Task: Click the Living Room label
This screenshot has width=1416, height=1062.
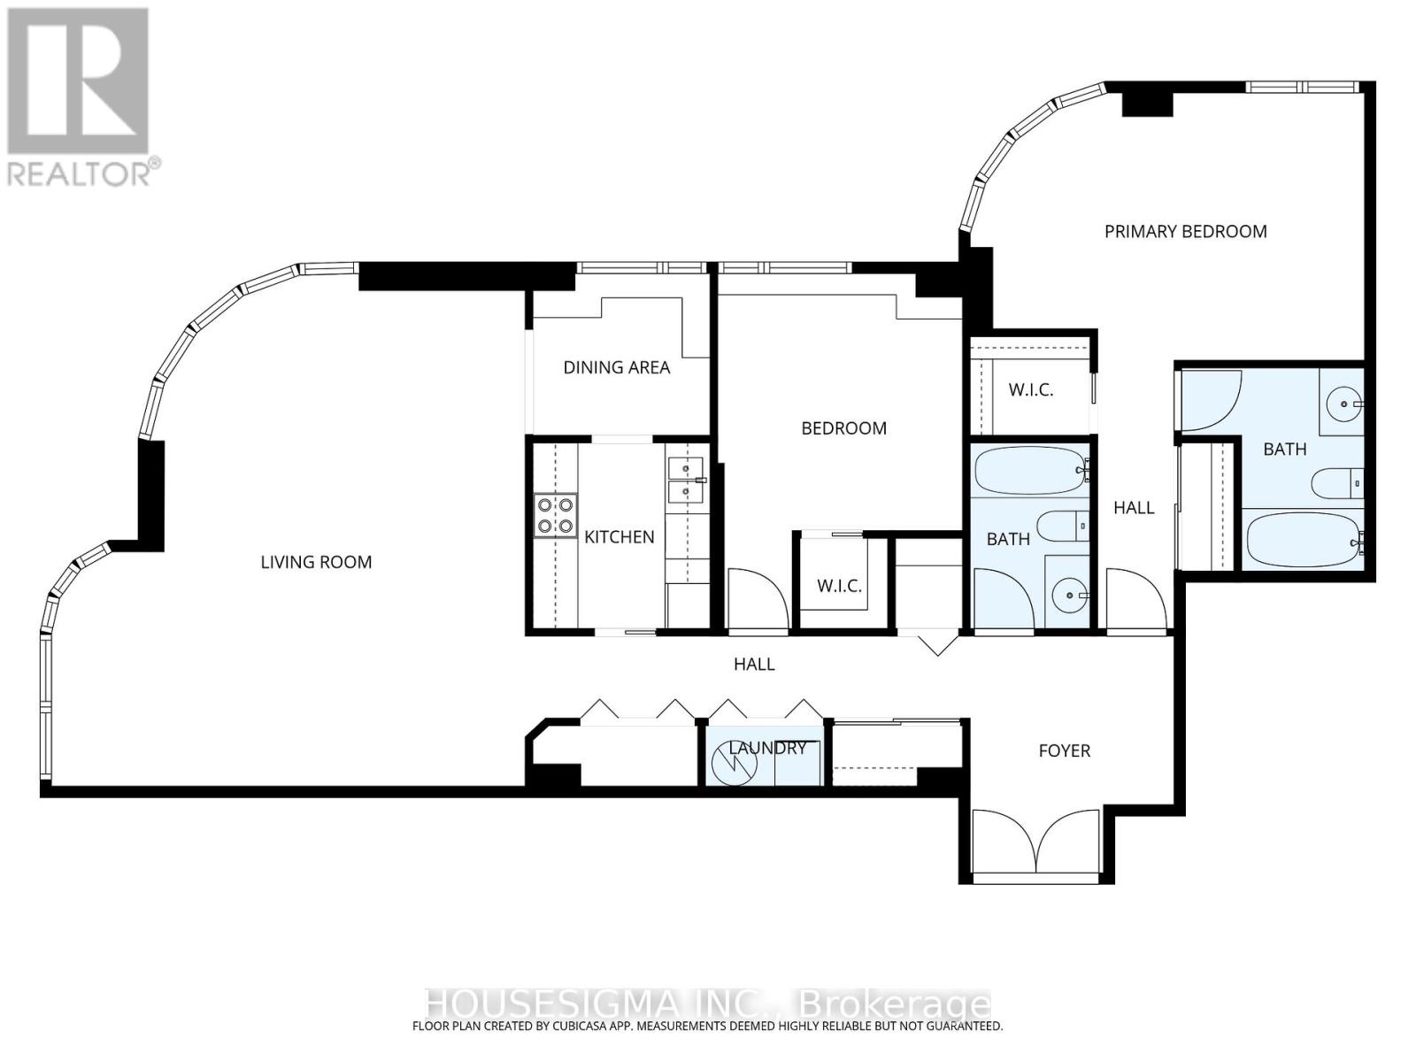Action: (x=316, y=562)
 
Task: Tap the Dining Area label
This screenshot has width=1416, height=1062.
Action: (x=617, y=367)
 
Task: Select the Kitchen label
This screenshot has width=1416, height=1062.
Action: (x=619, y=537)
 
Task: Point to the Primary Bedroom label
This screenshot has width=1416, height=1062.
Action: (x=1186, y=232)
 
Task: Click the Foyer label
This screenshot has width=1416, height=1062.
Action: (x=1065, y=750)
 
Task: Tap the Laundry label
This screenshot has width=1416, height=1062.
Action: (x=767, y=748)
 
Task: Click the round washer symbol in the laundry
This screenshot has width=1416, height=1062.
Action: (x=735, y=764)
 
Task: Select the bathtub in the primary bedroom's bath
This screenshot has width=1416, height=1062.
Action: (x=1304, y=540)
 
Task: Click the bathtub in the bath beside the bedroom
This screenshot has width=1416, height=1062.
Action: (x=1031, y=471)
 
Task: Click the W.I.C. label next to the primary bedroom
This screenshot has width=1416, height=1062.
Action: (x=1031, y=390)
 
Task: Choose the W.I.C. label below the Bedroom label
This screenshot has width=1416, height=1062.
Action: (x=839, y=586)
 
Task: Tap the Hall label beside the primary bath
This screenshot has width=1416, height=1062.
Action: (x=1134, y=508)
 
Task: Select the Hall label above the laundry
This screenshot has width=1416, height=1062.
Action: (x=754, y=664)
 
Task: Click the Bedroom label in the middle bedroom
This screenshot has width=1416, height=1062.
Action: (x=843, y=428)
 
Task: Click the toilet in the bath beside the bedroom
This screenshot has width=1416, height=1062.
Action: (x=1062, y=527)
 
